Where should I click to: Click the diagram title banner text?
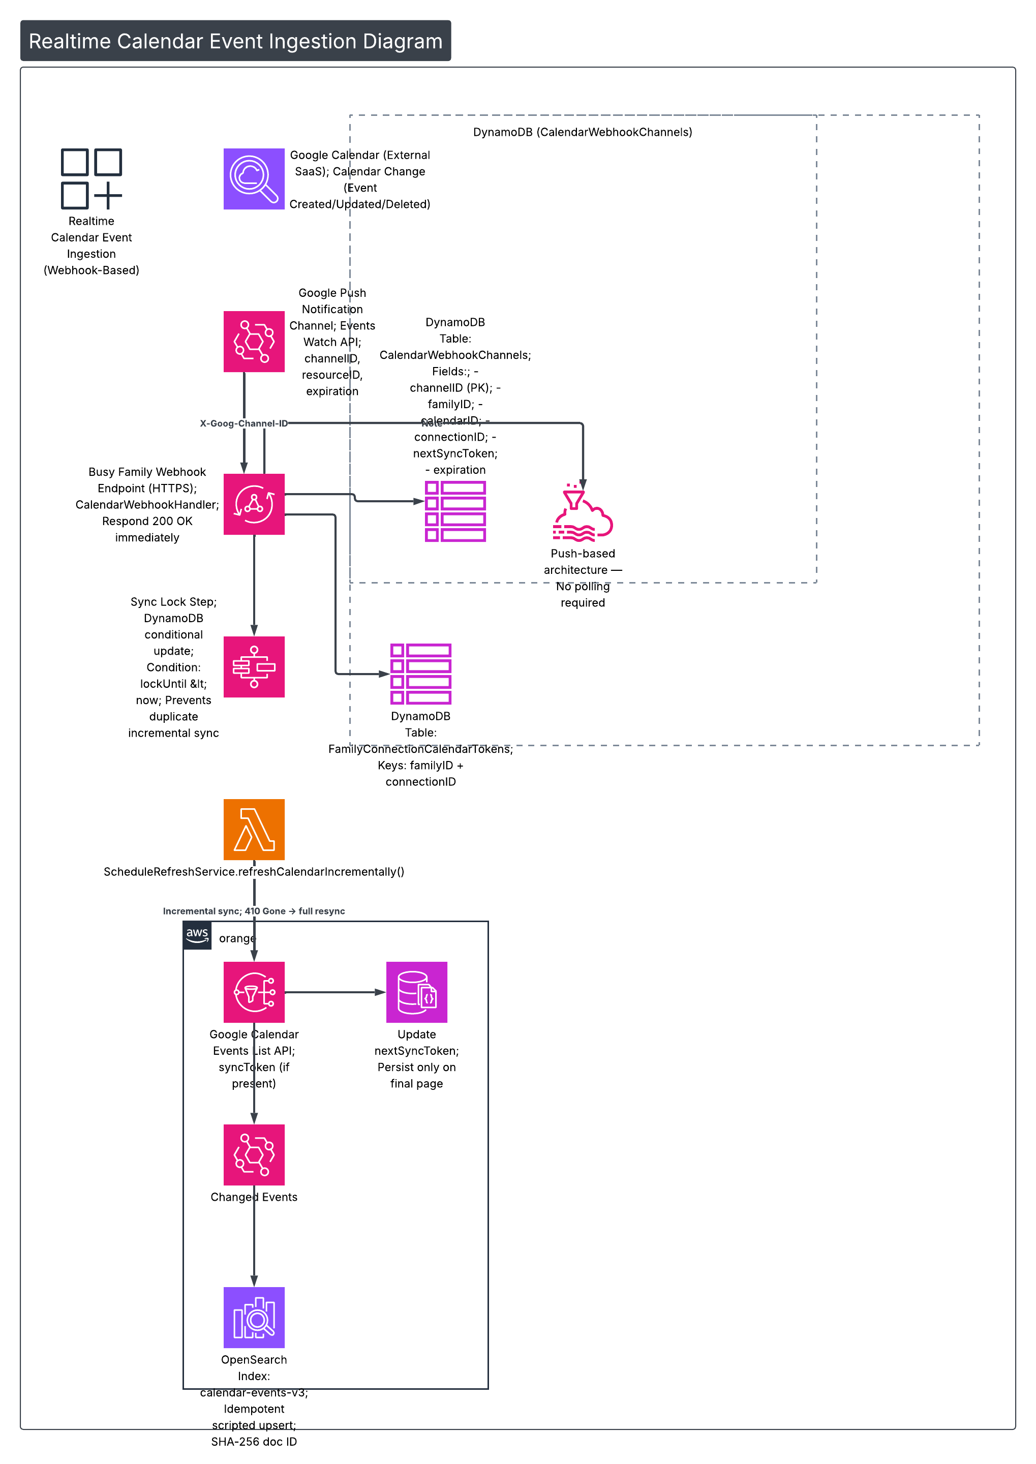click(235, 41)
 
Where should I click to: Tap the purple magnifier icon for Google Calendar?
click(254, 178)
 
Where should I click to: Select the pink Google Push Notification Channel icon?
click(254, 341)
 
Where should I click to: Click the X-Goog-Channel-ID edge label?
click(243, 423)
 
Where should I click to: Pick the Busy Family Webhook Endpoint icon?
click(254, 504)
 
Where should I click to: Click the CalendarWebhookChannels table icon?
click(455, 511)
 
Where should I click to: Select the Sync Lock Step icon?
click(254, 666)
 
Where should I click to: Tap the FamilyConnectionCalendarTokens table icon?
click(420, 674)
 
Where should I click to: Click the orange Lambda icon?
click(254, 829)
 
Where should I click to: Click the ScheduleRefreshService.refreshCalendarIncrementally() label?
click(254, 872)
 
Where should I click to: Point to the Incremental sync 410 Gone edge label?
click(254, 911)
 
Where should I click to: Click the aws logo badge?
click(197, 935)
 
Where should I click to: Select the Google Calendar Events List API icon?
click(254, 992)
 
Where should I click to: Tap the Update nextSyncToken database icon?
click(416, 992)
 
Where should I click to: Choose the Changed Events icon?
click(254, 1154)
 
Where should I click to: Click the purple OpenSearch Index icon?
click(254, 1317)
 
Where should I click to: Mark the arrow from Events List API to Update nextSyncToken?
click(335, 992)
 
